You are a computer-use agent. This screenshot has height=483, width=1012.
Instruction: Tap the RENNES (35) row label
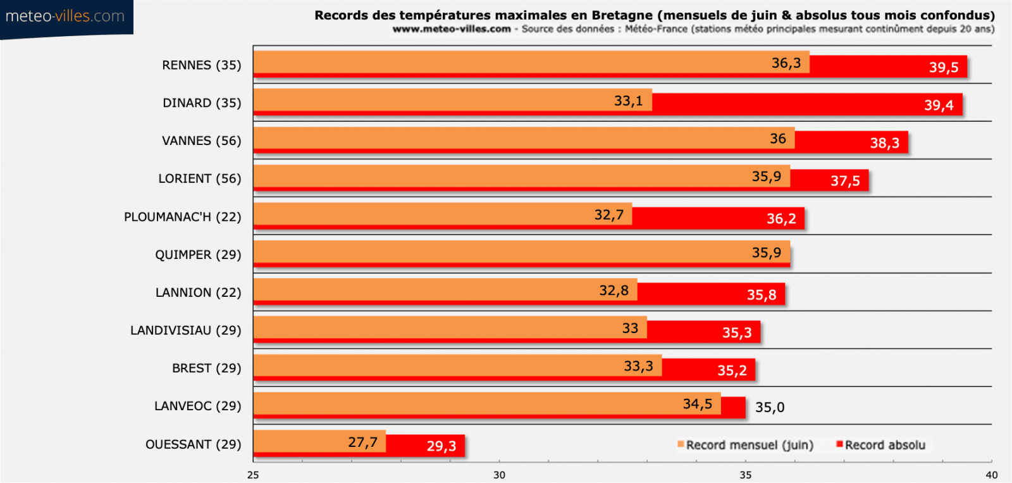[201, 65]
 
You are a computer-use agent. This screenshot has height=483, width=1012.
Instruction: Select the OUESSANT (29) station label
[193, 444]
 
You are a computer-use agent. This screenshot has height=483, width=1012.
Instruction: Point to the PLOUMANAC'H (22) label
[182, 217]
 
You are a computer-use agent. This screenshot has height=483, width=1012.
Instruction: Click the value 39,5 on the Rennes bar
[943, 67]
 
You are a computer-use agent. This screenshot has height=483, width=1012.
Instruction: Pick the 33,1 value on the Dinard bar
[628, 101]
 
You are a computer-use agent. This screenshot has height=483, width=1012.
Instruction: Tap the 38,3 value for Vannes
[884, 143]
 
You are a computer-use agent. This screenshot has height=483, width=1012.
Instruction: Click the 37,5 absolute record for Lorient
[845, 181]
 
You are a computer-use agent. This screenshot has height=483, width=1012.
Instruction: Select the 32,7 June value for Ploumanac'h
[608, 215]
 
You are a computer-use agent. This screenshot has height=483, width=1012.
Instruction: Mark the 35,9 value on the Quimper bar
[766, 253]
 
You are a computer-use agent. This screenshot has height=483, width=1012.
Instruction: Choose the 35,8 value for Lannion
[761, 295]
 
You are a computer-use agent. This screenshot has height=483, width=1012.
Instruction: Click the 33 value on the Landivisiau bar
[630, 328]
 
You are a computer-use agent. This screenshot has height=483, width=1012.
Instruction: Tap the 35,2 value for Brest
[732, 370]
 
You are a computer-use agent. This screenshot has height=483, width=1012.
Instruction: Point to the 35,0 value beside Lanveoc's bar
[770, 407]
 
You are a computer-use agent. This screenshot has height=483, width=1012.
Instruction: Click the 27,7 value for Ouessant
[362, 442]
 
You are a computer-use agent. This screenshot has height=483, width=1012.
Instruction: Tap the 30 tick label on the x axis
[499, 475]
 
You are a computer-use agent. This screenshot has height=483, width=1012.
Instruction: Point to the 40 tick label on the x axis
[991, 475]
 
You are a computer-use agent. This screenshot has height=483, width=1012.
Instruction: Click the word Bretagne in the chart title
[622, 15]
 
